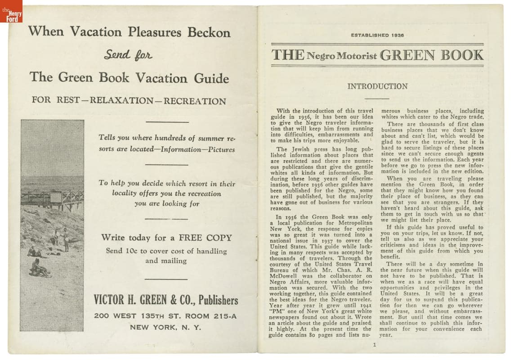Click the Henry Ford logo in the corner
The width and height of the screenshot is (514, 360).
pyautogui.click(x=11, y=11)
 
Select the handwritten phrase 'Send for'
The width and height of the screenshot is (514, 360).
pyautogui.click(x=128, y=55)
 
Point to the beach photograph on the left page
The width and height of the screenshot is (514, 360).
pyautogui.click(x=52, y=225)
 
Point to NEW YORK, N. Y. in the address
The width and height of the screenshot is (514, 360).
pyautogui.click(x=165, y=327)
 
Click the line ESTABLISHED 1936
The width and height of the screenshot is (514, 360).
pyautogui.click(x=377, y=35)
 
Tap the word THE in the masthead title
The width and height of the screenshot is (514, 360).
pyautogui.click(x=288, y=55)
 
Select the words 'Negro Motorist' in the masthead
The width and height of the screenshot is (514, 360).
pyautogui.click(x=342, y=56)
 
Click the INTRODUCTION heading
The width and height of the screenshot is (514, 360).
pyautogui.click(x=377, y=86)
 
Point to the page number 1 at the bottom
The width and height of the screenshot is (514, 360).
pyautogui.click(x=374, y=345)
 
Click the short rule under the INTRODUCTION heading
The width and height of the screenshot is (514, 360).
pyautogui.click(x=377, y=98)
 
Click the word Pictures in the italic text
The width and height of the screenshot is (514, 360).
pyautogui.click(x=221, y=149)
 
